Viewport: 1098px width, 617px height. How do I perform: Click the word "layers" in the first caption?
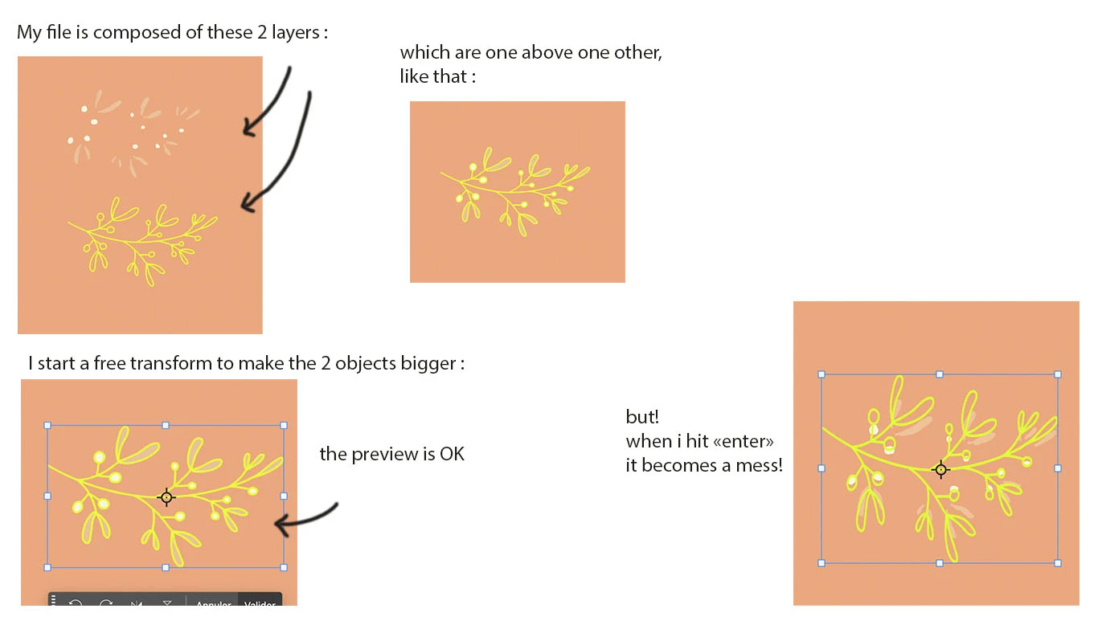pos(296,33)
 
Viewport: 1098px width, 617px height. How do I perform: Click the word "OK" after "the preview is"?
pos(452,454)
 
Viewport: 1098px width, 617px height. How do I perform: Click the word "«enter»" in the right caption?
pos(743,442)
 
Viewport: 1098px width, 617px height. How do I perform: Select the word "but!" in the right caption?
pos(642,417)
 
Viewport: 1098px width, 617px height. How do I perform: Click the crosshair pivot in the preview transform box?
pos(166,498)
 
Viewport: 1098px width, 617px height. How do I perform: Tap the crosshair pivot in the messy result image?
pos(940,470)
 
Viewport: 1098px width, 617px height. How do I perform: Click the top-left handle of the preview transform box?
pos(47,426)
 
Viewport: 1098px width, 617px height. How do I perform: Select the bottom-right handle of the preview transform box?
pos(284,567)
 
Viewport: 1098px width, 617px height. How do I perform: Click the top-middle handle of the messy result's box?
pos(939,374)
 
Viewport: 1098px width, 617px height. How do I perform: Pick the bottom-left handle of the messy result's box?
pos(821,563)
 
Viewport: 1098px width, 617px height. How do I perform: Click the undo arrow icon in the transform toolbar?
pos(76,603)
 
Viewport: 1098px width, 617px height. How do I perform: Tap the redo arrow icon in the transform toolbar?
pos(106,603)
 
